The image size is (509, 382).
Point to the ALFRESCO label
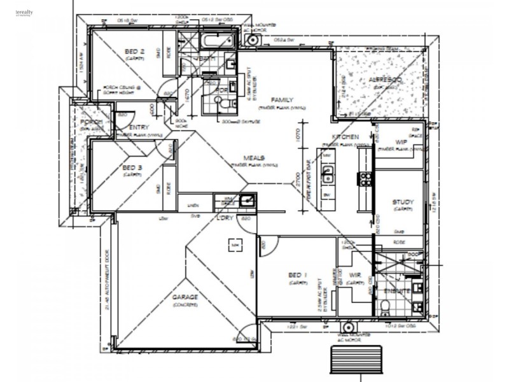pyautogui.click(x=385, y=80)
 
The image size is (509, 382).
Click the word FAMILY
pyautogui.click(x=281, y=101)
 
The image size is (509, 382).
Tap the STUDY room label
pyautogui.click(x=403, y=202)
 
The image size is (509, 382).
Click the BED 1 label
pyautogui.click(x=298, y=275)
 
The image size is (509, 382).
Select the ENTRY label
pyautogui.click(x=139, y=128)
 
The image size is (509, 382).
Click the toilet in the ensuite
pyautogui.click(x=385, y=308)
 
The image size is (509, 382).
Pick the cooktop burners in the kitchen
pyautogui.click(x=366, y=178)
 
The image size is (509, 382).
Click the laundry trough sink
pyautogui.click(x=248, y=201)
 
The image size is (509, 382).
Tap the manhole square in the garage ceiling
pyautogui.click(x=235, y=244)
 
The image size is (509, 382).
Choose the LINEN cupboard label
pyautogui.click(x=192, y=205)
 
